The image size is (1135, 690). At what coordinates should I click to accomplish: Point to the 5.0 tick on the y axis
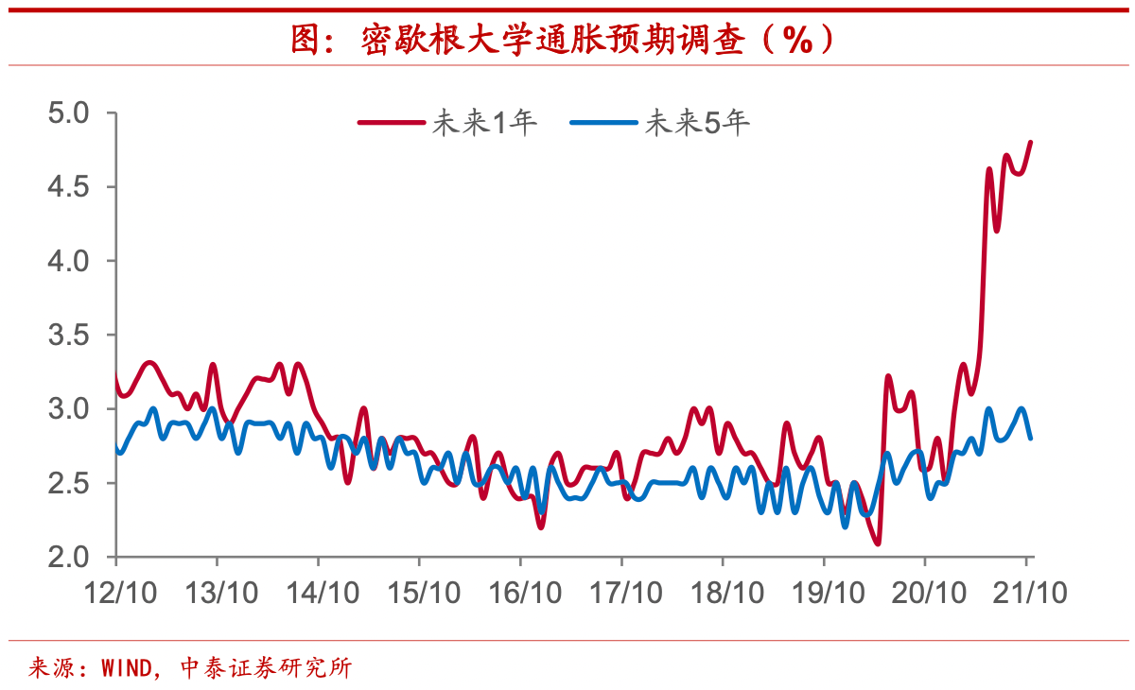click(67, 113)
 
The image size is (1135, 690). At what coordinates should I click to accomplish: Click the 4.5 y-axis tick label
click(67, 187)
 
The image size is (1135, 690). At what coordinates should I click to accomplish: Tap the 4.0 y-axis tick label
click(67, 261)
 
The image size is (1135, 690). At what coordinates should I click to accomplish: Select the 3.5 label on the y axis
click(67, 336)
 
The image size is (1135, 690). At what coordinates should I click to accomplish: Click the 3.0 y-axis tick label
click(67, 409)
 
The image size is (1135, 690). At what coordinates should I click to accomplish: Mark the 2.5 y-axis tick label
click(67, 483)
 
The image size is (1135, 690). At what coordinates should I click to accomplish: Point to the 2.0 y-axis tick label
click(67, 557)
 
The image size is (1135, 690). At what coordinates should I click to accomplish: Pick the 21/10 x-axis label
click(1028, 592)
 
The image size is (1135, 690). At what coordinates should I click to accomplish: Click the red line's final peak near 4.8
click(1030, 143)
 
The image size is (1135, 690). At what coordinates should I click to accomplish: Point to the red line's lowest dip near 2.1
click(878, 543)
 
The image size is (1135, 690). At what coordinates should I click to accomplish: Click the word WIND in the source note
click(124, 668)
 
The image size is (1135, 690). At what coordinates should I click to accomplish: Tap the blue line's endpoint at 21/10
click(1030, 438)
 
